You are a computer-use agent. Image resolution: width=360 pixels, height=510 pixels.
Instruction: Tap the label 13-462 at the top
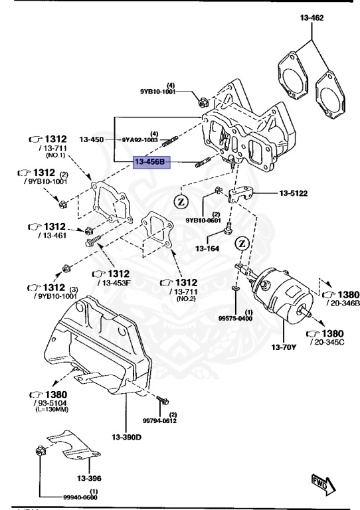(311, 18)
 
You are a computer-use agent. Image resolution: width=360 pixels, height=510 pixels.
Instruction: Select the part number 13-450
(92, 140)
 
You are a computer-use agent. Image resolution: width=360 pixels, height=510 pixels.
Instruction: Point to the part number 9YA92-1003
(139, 140)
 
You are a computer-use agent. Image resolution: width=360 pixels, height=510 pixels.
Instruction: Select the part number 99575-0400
(236, 318)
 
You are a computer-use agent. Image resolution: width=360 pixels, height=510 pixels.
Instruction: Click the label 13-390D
(127, 437)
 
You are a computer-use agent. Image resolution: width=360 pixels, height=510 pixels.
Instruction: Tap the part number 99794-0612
(160, 420)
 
